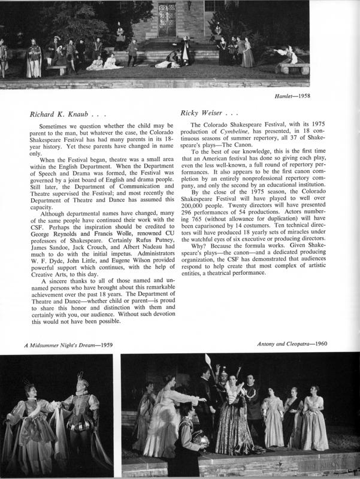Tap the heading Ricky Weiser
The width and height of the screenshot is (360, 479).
click(x=205, y=114)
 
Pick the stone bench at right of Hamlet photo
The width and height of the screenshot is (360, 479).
click(x=294, y=67)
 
